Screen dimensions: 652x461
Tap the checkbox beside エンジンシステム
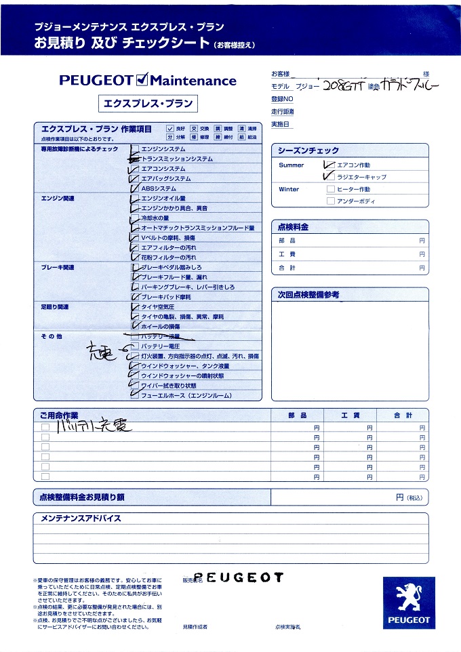click(136, 148)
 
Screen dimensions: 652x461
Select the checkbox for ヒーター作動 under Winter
click(331, 189)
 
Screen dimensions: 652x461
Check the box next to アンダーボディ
click(331, 201)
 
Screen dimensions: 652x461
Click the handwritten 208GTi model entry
click(342, 87)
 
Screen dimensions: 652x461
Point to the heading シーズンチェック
click(308, 150)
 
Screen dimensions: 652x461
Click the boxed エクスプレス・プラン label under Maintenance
click(148, 104)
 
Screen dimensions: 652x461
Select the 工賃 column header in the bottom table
click(350, 415)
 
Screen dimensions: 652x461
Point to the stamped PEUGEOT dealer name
click(243, 577)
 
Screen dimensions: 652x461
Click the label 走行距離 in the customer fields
click(283, 111)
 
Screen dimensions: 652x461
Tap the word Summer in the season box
click(292, 165)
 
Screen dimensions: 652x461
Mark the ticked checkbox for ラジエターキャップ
click(331, 176)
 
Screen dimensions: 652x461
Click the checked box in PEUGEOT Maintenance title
click(142, 81)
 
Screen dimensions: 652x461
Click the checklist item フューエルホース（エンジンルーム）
click(186, 395)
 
